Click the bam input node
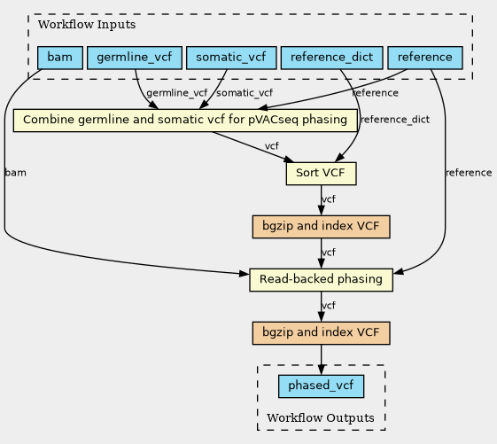(60, 58)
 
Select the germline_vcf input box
(135, 58)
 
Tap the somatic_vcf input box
(231, 58)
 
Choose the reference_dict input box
(332, 58)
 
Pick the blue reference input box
(425, 58)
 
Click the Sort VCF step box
(321, 174)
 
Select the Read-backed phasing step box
(321, 280)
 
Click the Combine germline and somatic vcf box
(185, 121)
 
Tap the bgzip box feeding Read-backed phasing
(321, 227)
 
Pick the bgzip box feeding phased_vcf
(321, 333)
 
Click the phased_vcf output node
(321, 386)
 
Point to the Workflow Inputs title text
(87, 25)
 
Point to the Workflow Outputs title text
(321, 417)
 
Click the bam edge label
(16, 173)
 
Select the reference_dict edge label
(395, 120)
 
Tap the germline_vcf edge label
(177, 93)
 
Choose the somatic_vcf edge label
(245, 93)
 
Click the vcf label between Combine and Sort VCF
(272, 146)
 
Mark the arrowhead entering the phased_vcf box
(321, 370)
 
